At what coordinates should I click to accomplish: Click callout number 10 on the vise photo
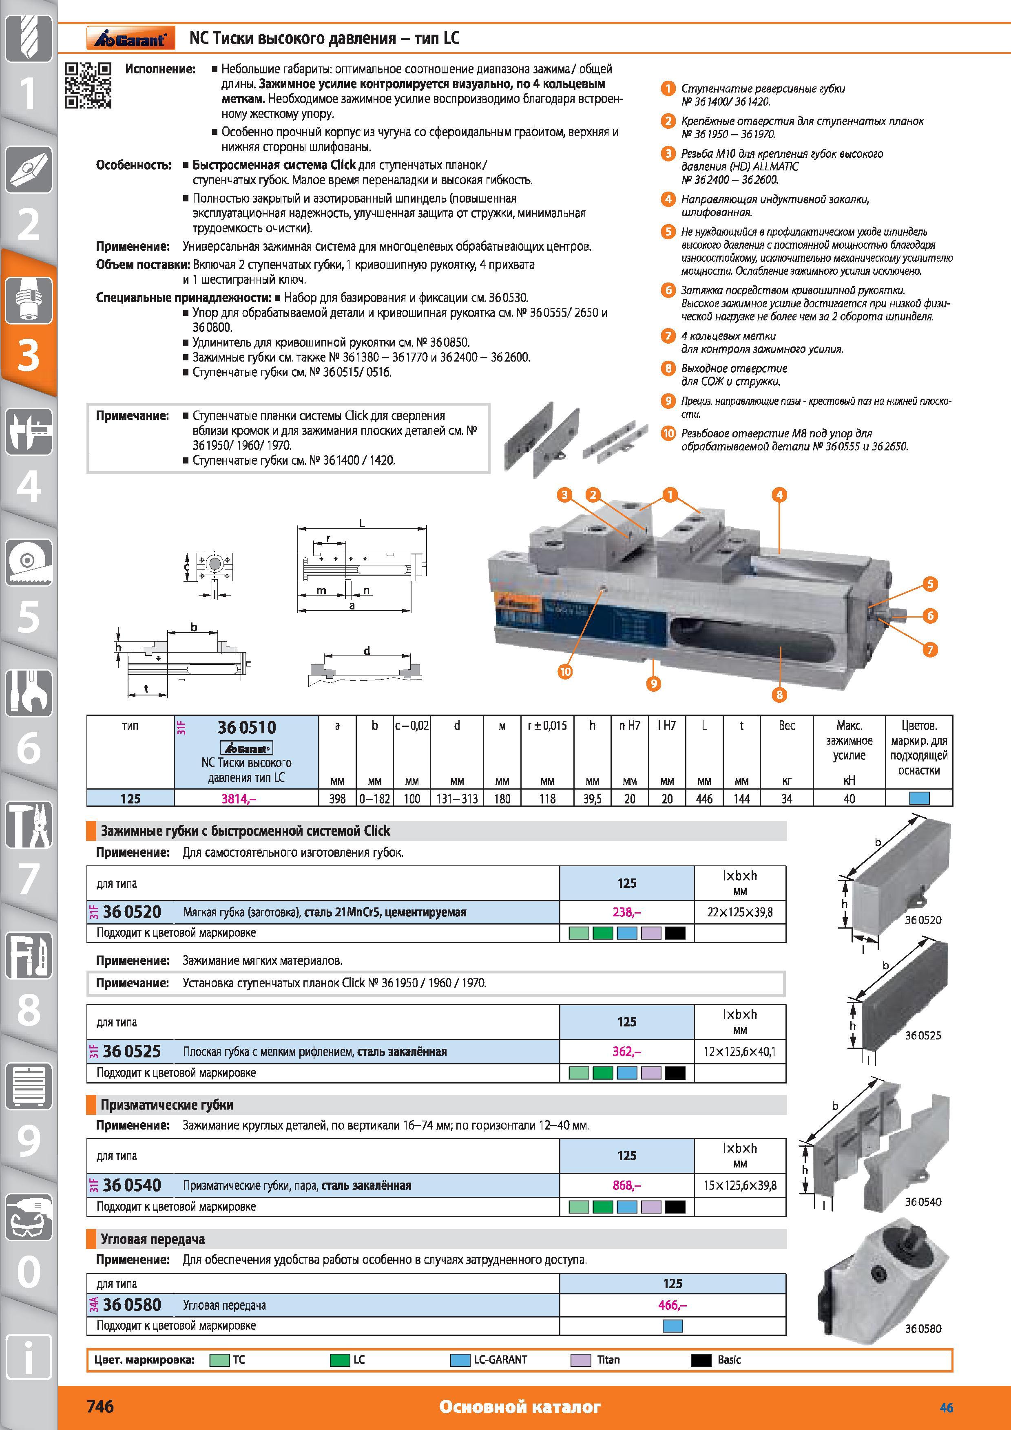pyautogui.click(x=564, y=671)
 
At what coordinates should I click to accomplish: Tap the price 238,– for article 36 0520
pyautogui.click(x=627, y=912)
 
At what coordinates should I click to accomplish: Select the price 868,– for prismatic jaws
pyautogui.click(x=627, y=1185)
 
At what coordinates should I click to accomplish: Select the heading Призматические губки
pyautogui.click(x=167, y=1105)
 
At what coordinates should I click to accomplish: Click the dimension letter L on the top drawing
pyautogui.click(x=362, y=523)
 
